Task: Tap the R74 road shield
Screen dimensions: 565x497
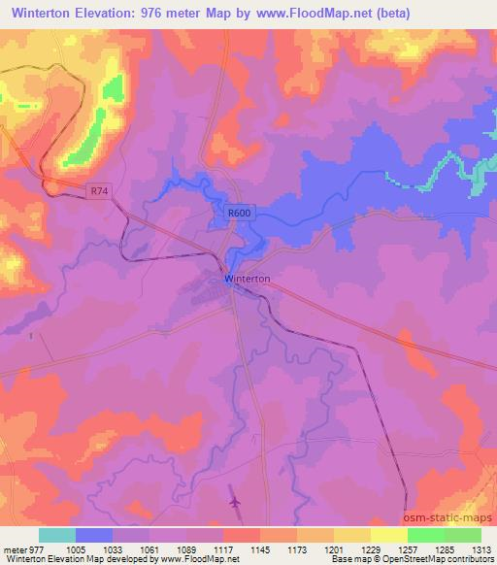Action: pyautogui.click(x=95, y=192)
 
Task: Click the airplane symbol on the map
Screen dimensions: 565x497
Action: pyautogui.click(x=234, y=502)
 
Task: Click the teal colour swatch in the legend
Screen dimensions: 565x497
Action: pyautogui.click(x=57, y=535)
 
